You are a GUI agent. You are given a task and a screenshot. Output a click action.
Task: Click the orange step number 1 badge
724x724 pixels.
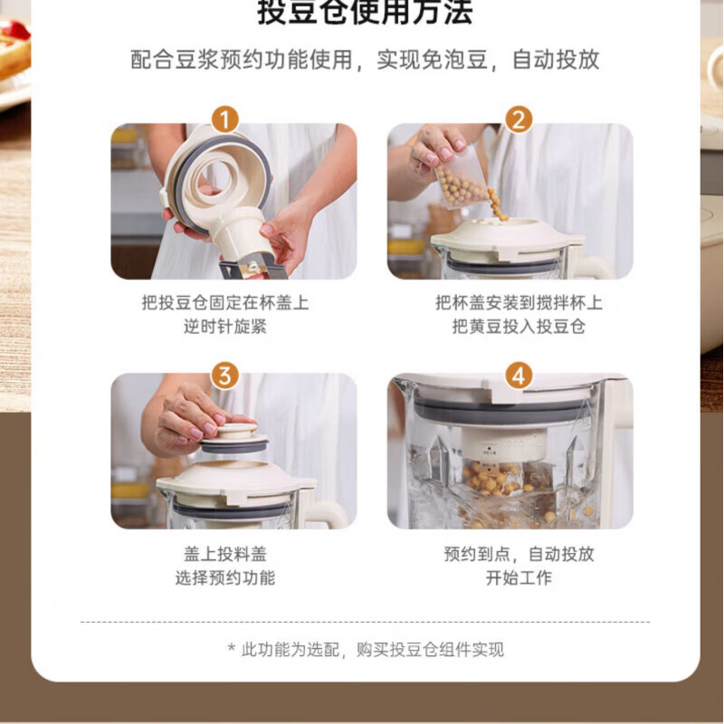(224, 119)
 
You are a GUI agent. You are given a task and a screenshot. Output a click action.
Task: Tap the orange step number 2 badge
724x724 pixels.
(519, 119)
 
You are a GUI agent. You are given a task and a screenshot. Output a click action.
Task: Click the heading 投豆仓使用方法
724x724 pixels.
(365, 13)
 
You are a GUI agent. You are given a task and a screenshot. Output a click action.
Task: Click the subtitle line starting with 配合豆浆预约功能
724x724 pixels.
(365, 60)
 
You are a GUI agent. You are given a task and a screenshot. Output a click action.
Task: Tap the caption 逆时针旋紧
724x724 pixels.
(224, 327)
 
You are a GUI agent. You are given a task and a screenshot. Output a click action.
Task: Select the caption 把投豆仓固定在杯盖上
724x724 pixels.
(224, 303)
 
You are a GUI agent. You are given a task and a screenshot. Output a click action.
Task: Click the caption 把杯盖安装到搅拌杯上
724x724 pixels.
(519, 303)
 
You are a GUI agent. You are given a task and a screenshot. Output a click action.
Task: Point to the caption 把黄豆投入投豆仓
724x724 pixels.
(519, 327)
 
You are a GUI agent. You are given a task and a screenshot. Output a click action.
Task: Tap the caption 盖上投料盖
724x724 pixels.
(224, 554)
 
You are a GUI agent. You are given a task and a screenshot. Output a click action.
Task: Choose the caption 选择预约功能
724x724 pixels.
(224, 577)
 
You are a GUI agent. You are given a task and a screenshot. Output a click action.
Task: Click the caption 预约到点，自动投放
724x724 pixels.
(519, 554)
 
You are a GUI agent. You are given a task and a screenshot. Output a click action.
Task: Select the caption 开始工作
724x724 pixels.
(519, 577)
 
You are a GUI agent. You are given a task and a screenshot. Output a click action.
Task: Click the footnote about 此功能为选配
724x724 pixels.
(365, 649)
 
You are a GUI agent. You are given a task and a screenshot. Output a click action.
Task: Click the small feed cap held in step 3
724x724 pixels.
(233, 438)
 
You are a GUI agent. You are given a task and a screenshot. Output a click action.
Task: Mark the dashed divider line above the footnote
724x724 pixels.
(365, 622)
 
